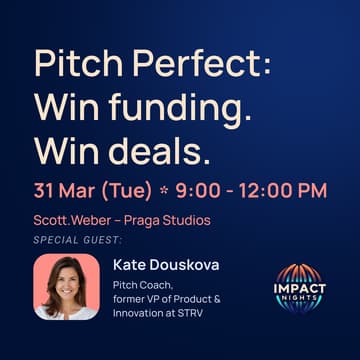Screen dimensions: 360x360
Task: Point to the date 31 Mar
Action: click(x=65, y=188)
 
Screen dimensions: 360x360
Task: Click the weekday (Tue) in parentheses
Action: click(x=130, y=188)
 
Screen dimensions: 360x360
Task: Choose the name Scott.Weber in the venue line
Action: click(x=69, y=220)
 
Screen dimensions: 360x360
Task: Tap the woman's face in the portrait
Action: click(x=66, y=282)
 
